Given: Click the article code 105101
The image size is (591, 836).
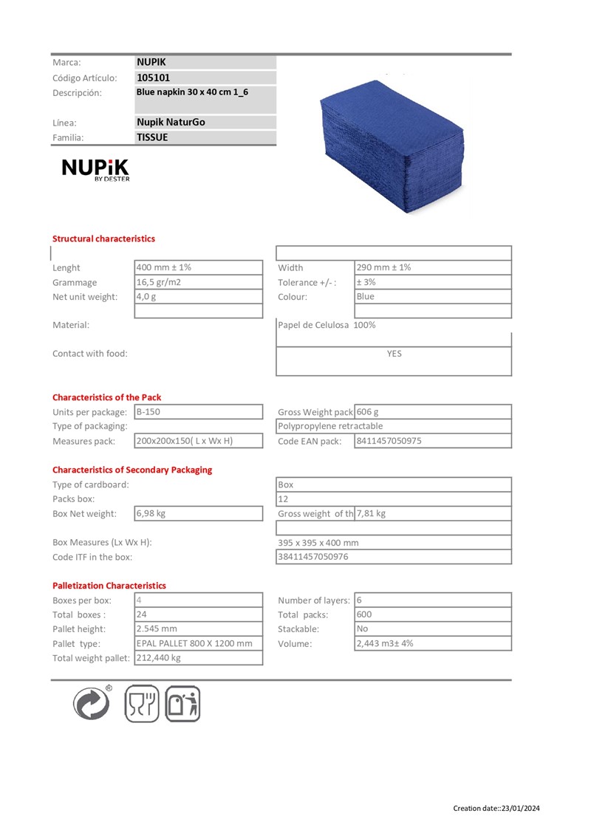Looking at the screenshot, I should (x=154, y=78).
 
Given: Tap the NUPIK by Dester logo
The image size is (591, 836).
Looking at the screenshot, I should (x=95, y=171).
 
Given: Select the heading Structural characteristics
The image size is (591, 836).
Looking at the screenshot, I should (x=103, y=239).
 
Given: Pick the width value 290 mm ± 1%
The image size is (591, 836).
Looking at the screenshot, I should (x=383, y=267).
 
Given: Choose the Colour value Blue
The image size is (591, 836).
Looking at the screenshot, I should (x=366, y=296).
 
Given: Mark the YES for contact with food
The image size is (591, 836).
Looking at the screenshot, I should (x=394, y=354).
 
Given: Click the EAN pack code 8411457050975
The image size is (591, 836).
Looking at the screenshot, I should (x=389, y=441).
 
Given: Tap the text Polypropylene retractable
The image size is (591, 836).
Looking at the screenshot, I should (x=330, y=426).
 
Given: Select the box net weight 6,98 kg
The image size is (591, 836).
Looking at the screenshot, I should (x=151, y=513).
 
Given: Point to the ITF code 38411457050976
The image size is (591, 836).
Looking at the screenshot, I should (x=313, y=557).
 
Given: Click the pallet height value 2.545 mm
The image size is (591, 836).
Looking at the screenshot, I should (x=157, y=629).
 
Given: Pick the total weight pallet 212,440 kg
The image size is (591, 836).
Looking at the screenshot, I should (x=159, y=658).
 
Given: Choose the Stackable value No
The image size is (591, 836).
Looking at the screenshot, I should (x=362, y=629).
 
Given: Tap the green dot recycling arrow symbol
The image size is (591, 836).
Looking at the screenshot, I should (x=92, y=702).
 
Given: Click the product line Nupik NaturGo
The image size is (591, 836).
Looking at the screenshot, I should (x=171, y=122).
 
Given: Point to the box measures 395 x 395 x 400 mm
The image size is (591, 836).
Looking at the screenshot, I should (x=318, y=542).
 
